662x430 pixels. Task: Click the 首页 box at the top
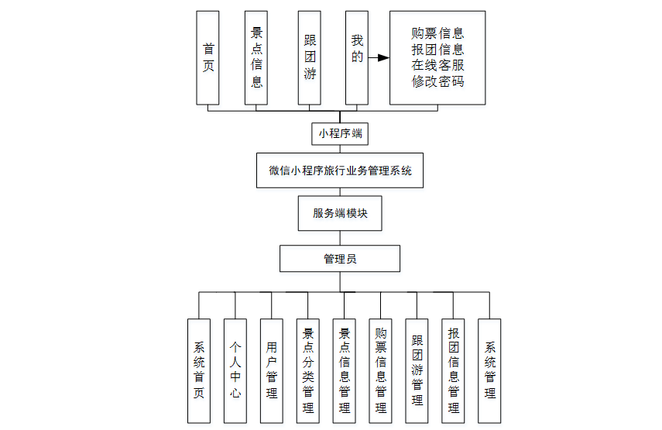pyautogui.click(x=208, y=57)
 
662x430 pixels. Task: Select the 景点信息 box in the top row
pyautogui.click(x=256, y=57)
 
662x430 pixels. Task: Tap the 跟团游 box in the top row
pyautogui.click(x=309, y=57)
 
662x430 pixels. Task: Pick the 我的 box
pyautogui.click(x=356, y=57)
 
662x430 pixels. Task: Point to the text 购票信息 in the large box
pyautogui.click(x=438, y=34)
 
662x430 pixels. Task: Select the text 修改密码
pyautogui.click(x=438, y=81)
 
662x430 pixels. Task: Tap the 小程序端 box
pyautogui.click(x=340, y=134)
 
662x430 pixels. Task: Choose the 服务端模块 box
pyautogui.click(x=340, y=214)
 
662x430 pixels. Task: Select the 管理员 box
pyautogui.click(x=340, y=259)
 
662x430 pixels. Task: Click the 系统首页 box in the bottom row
pyautogui.click(x=199, y=370)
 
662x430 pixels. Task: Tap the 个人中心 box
pyautogui.click(x=235, y=370)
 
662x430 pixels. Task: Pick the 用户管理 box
pyautogui.click(x=272, y=370)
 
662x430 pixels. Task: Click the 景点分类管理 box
pyautogui.click(x=308, y=370)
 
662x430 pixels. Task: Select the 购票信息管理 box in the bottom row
pyautogui.click(x=381, y=370)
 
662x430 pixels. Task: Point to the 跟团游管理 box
pyautogui.click(x=417, y=370)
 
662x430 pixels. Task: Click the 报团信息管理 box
pyautogui.click(x=454, y=370)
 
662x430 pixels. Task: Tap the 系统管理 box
pyautogui.click(x=489, y=370)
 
